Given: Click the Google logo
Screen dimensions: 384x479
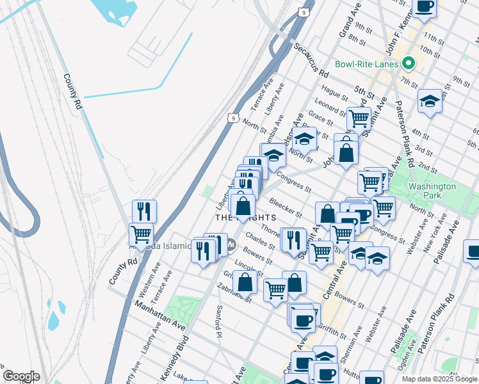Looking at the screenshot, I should point(21,376).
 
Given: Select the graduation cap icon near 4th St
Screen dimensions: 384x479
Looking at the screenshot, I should point(430,101).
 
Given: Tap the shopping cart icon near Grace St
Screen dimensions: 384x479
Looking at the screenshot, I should point(359,118).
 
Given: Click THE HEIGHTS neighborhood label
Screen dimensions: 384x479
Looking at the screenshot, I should point(241,218).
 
